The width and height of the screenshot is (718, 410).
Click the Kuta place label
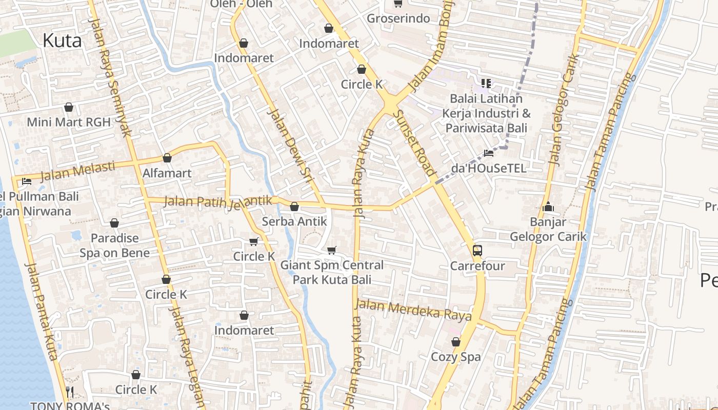[x=62, y=40]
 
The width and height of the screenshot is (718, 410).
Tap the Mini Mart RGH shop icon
[x=69, y=107]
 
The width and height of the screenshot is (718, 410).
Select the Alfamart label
[x=167, y=173]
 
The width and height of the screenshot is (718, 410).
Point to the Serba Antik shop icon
[x=294, y=207]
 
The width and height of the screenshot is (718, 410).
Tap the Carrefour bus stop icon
[x=477, y=251]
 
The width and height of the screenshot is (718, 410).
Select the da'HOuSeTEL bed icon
[x=489, y=153]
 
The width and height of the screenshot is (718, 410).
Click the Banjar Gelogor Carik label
[x=548, y=229]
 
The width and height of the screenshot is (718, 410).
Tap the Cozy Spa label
[x=455, y=357]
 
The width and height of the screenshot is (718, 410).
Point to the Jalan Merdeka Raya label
[x=413, y=309]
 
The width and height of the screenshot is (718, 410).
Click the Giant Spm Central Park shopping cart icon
[x=332, y=250]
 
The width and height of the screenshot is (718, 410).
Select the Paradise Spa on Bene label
[x=114, y=245]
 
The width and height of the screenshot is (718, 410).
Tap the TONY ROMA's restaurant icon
[x=70, y=392]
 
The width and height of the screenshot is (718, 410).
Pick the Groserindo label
[x=398, y=18]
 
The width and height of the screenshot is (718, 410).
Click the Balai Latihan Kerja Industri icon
[x=486, y=83]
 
